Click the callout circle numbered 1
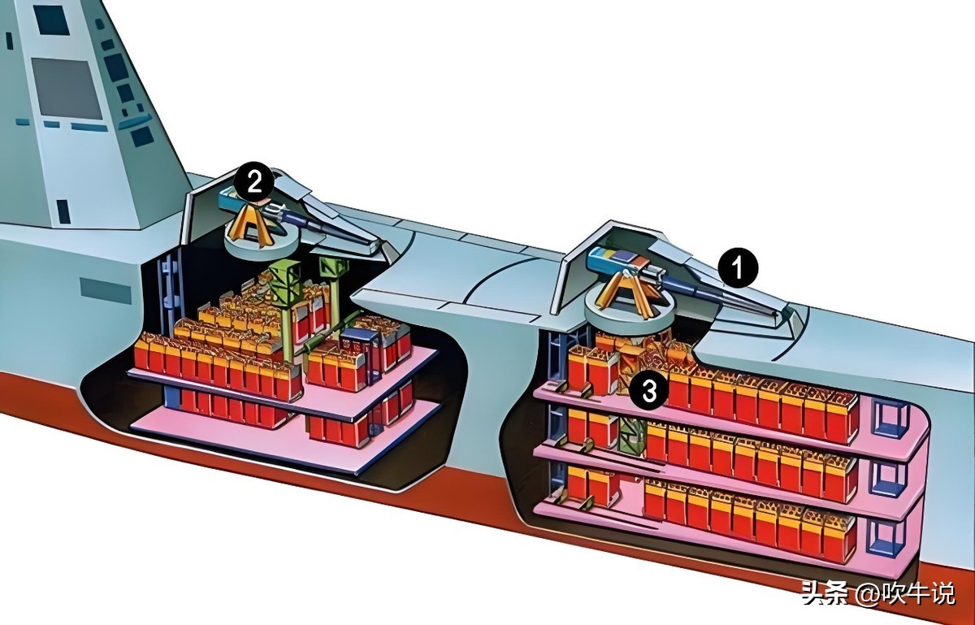click(x=738, y=268)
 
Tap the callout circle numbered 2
click(x=254, y=184)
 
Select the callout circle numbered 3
click(x=649, y=391)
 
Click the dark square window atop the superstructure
click(x=52, y=20)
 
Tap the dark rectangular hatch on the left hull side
click(x=106, y=291)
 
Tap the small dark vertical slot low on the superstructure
click(x=63, y=211)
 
